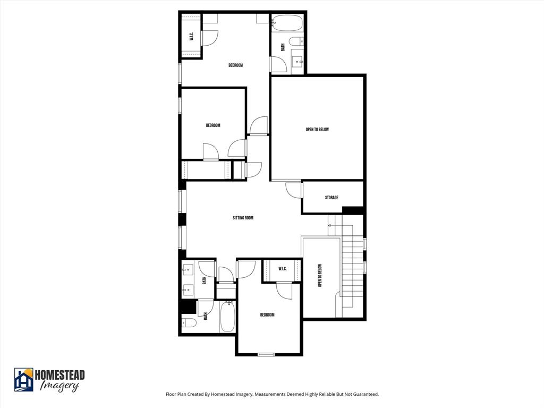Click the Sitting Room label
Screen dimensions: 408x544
[x=243, y=218]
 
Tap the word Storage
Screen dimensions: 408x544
[x=331, y=198]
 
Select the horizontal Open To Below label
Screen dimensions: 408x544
[x=317, y=129]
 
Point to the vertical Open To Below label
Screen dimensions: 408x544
[x=320, y=276]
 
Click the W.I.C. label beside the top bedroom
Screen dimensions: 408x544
[x=191, y=37]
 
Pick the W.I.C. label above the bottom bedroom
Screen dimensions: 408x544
[x=282, y=269]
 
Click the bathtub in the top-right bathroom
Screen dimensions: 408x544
[x=287, y=24]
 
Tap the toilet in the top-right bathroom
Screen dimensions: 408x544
[x=296, y=42]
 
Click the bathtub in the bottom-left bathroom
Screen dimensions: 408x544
[x=228, y=317]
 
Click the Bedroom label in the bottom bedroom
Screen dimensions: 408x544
[x=267, y=315]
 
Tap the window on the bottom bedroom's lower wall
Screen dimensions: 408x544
[x=266, y=354]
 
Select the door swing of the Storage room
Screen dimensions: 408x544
[x=294, y=190]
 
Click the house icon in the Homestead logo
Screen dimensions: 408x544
[x=23, y=379]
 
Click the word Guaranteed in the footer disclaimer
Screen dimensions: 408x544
[x=364, y=394]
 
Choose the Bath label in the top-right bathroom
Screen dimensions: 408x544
[x=283, y=47]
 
